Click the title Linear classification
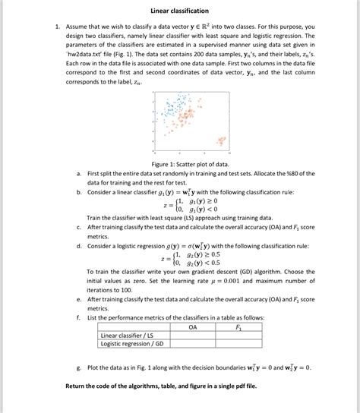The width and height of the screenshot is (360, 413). (179, 11)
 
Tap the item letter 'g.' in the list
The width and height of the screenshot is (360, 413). (79, 367)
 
